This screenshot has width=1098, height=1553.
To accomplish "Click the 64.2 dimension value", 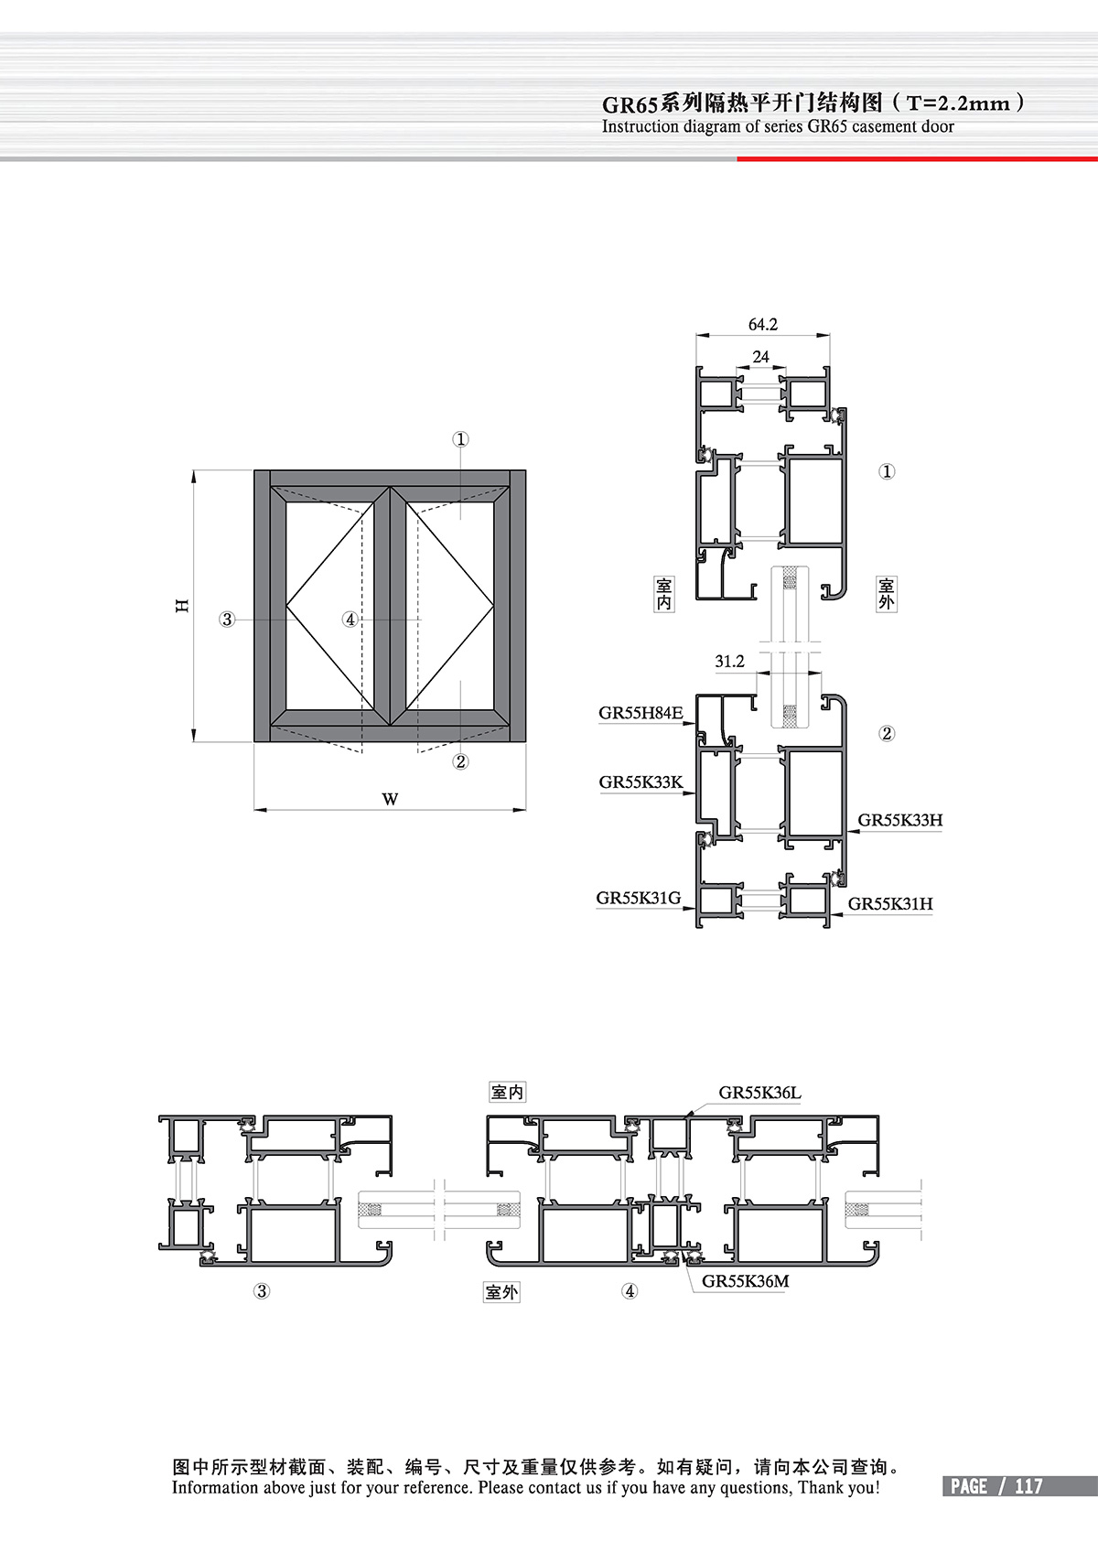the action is coord(762,325).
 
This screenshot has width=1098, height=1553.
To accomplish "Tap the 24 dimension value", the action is coord(760,357).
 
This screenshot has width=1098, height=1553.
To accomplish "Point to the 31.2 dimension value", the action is coord(729,662).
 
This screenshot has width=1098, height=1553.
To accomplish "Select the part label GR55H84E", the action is coord(640,713).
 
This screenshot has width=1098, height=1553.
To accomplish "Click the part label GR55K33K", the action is coord(641,782).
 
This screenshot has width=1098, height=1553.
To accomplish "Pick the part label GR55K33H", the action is coord(900,819).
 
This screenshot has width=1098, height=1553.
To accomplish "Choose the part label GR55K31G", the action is coord(639,898).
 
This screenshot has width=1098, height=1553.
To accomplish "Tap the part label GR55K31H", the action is coord(890,903).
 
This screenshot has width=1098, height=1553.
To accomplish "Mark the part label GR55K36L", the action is coord(759,1093).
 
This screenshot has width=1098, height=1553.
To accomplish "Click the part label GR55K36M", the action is coord(745,1281).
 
